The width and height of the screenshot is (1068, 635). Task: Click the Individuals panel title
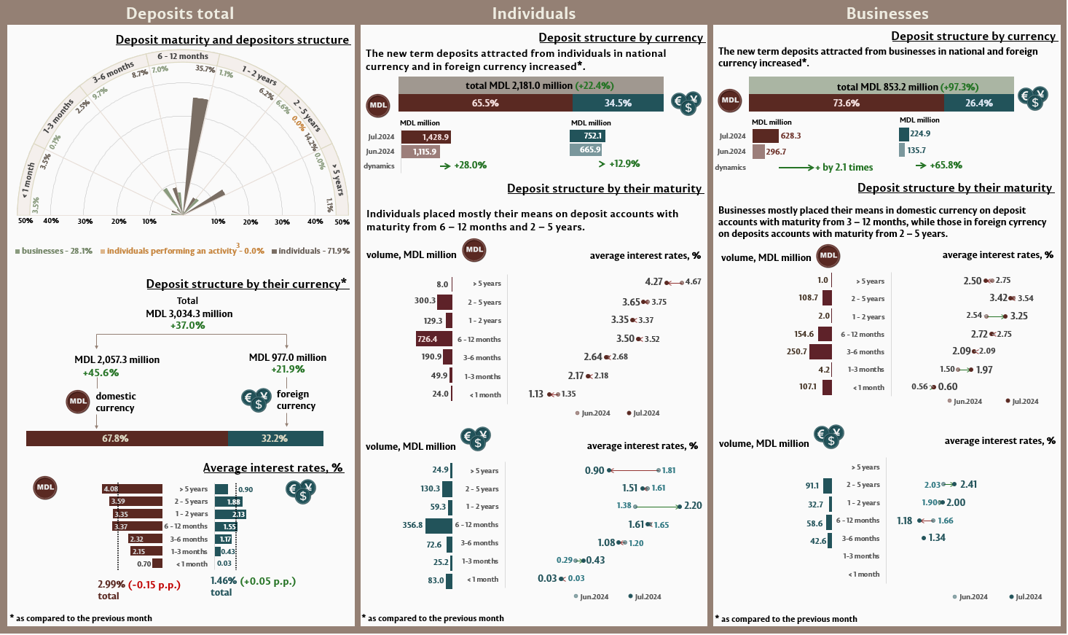(533, 13)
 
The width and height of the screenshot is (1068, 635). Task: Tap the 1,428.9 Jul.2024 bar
(426, 136)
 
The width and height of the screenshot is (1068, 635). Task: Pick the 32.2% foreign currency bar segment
(275, 438)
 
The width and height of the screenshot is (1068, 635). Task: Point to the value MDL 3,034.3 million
(189, 313)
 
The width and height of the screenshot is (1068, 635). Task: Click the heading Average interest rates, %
(272, 468)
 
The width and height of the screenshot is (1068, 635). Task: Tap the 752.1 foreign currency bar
(587, 136)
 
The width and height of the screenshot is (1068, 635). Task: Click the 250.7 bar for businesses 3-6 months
(820, 351)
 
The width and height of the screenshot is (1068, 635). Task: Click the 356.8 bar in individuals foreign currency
(439, 525)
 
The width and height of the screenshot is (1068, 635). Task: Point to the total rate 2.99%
(111, 584)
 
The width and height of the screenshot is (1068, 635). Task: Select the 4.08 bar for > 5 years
(132, 488)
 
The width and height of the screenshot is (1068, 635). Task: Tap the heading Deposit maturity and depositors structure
(232, 40)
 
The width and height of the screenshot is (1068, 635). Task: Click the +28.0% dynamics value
(470, 165)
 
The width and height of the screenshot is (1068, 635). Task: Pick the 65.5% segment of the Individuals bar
(485, 103)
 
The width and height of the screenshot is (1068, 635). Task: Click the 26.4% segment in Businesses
(978, 103)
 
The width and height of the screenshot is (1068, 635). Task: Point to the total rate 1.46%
(223, 581)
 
